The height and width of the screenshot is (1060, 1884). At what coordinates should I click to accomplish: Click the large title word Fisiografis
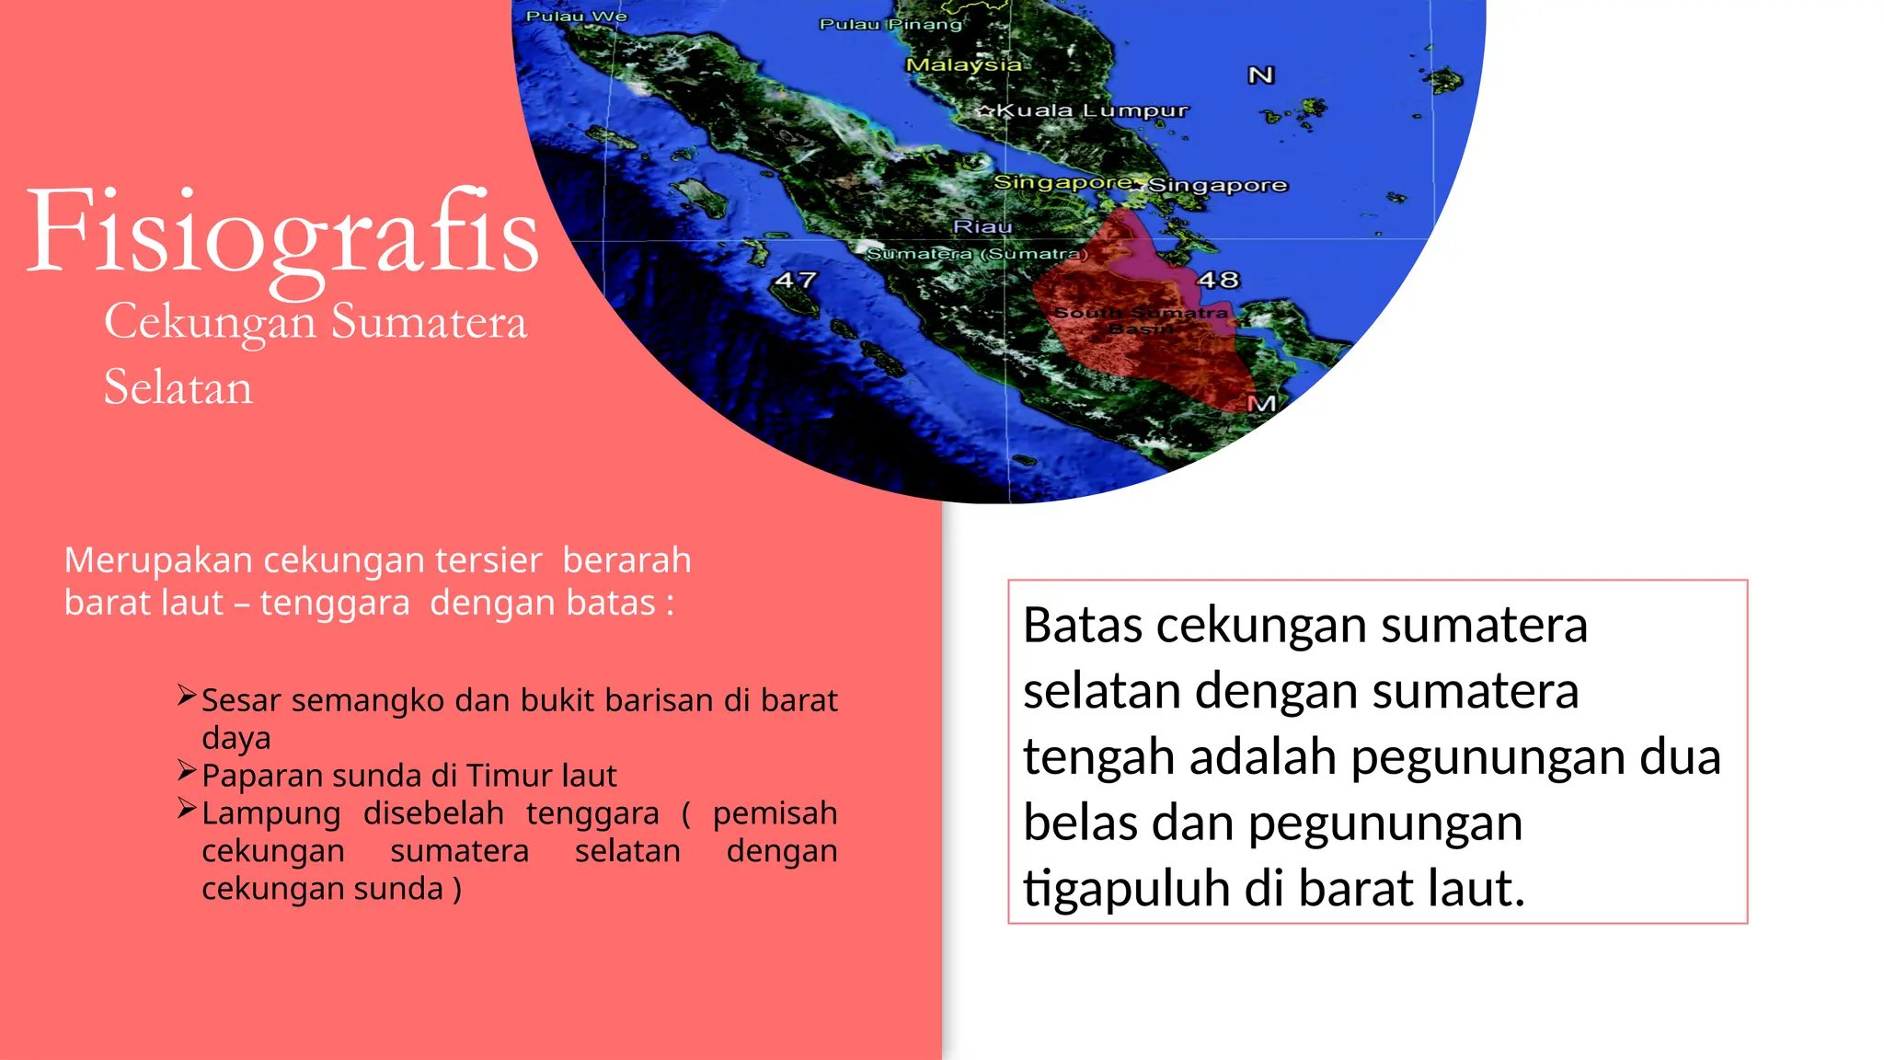pos(281,232)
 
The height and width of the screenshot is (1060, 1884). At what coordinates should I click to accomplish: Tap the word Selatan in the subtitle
pos(178,387)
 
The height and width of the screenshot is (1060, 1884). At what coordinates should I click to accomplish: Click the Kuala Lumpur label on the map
pos(1092,111)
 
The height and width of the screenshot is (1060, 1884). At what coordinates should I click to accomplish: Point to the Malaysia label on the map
pos(963,65)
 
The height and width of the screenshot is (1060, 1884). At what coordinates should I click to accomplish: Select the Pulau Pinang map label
pos(890,25)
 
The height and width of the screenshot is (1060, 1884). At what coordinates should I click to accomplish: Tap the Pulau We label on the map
pos(576,17)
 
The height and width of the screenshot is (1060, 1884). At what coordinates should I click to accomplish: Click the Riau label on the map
pos(982,226)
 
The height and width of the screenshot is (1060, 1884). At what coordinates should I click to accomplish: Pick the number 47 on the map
pos(795,280)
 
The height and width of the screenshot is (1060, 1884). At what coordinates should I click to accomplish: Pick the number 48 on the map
pos(1218,280)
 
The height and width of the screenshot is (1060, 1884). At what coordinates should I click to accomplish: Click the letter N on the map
pos(1260,75)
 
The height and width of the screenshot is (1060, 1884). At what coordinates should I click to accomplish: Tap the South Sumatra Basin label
pos(1141,320)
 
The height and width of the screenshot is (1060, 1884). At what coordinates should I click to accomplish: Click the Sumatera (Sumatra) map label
pos(977,253)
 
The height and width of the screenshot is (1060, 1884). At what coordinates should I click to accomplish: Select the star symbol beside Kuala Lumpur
pos(985,111)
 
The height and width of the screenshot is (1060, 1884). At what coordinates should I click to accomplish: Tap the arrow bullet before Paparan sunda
pos(187,770)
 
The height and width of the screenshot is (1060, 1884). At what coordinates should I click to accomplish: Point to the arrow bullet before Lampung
pos(187,809)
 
